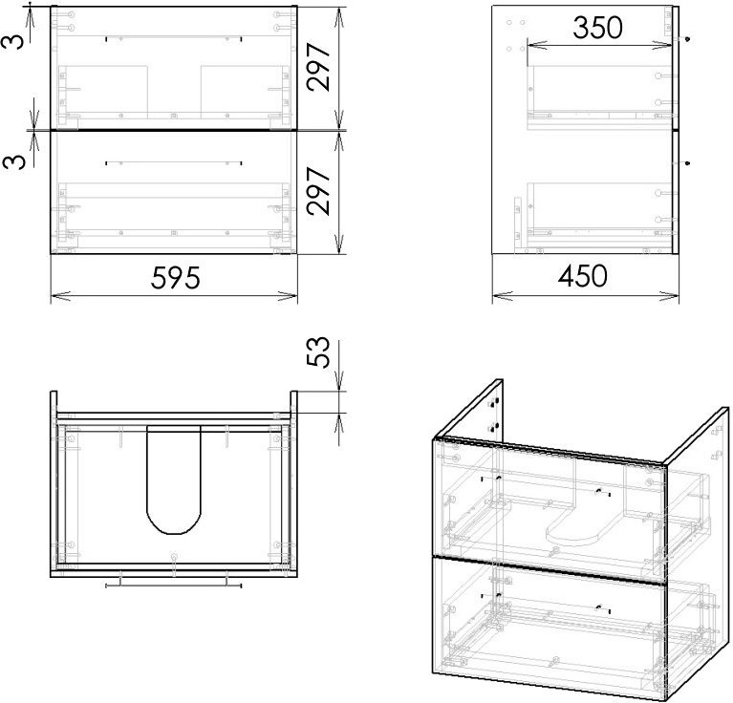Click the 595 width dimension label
click(175, 277)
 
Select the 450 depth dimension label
click(582, 276)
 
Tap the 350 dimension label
click(598, 28)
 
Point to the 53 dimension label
click(318, 351)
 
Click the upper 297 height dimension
click(318, 67)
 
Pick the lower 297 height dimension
click(318, 191)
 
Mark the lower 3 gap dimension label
click(13, 161)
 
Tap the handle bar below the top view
click(173, 585)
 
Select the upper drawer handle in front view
click(173, 39)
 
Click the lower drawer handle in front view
click(173, 163)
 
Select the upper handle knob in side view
click(687, 39)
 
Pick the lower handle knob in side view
click(687, 163)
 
